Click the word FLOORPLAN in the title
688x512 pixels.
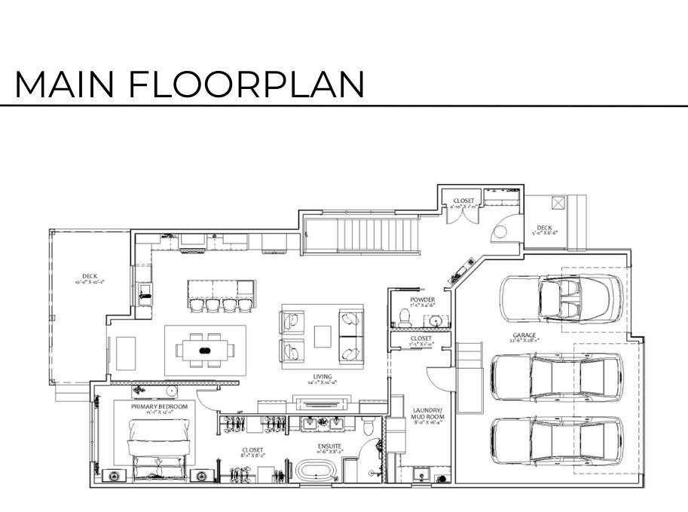click(246, 84)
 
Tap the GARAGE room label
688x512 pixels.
click(524, 337)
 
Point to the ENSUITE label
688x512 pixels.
click(329, 447)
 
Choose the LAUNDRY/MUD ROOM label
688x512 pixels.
click(427, 414)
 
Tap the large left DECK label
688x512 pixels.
click(89, 277)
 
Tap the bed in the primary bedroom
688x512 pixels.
click(157, 449)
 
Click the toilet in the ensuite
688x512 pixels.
click(367, 427)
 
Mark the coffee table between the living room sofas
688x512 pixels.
click(323, 336)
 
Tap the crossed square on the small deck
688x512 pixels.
click(558, 203)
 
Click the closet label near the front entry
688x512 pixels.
click(463, 202)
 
